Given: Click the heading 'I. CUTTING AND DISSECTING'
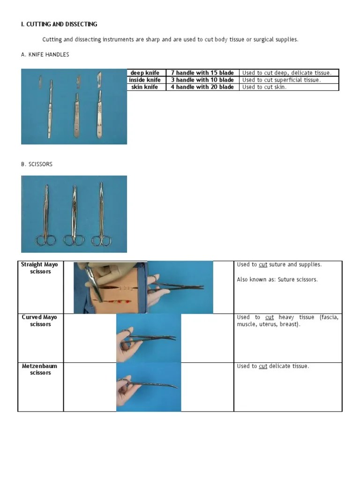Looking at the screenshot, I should click(x=59, y=24).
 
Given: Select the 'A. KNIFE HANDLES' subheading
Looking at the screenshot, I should click(x=45, y=55).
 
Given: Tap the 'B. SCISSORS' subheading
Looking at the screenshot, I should click(x=37, y=165).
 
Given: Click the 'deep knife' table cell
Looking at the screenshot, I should click(x=145, y=73).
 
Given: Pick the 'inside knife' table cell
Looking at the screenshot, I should click(x=145, y=80).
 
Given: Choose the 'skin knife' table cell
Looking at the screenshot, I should click(x=145, y=87).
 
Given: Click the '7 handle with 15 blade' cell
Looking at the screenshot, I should click(x=202, y=73).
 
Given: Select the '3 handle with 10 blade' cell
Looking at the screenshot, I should click(x=202, y=80).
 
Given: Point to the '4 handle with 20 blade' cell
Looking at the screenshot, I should click(x=202, y=87).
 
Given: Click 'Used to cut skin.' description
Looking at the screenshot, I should click(x=264, y=87).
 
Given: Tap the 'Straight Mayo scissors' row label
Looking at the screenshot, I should click(x=40, y=268).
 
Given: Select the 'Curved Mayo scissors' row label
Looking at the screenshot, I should click(x=40, y=321).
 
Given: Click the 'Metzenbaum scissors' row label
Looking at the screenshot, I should click(x=40, y=369).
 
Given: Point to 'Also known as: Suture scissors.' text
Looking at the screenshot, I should click(x=277, y=279).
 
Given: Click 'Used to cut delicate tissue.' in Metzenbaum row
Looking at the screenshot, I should click(x=273, y=366).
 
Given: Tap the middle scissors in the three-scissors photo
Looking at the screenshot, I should click(x=74, y=216).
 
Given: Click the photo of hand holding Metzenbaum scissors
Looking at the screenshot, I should click(x=149, y=387).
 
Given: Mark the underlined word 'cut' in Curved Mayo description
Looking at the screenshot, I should click(x=270, y=317).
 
